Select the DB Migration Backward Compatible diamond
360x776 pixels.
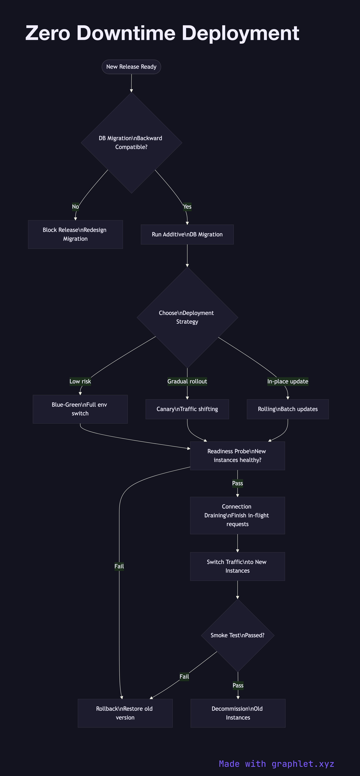coord(131,143)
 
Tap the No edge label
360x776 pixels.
coord(75,207)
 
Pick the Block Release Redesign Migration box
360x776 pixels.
coord(75,234)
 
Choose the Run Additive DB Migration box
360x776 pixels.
coord(187,234)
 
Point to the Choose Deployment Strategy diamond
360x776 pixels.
coord(187,317)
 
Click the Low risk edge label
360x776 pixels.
coord(80,381)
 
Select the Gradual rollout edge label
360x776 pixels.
coord(187,381)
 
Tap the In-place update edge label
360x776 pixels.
coord(288,381)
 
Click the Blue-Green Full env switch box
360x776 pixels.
coord(80,409)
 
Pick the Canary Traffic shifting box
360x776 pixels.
coord(187,409)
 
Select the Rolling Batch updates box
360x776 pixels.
coord(288,409)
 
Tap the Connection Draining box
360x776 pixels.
coord(237,515)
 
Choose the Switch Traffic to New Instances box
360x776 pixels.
coord(237,566)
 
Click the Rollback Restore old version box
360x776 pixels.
coord(125,713)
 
